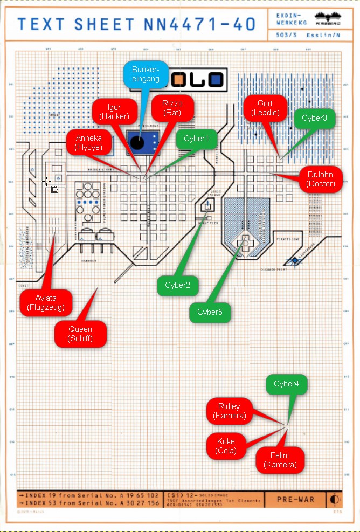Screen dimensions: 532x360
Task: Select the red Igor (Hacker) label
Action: pyautogui.click(x=114, y=112)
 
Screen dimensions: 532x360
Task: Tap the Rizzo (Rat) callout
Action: pyautogui.click(x=171, y=108)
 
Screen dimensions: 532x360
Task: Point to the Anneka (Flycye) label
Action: pyautogui.click(x=88, y=142)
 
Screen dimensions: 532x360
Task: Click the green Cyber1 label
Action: pyautogui.click(x=196, y=139)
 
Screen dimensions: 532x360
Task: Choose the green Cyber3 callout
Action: pyautogui.click(x=314, y=118)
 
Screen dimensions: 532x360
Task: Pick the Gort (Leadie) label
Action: pyautogui.click(x=265, y=108)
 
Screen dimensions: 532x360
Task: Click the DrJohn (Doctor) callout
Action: pyautogui.click(x=320, y=179)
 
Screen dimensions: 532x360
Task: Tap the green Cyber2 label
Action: pyautogui.click(x=177, y=285)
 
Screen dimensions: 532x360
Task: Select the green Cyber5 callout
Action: pyautogui.click(x=210, y=312)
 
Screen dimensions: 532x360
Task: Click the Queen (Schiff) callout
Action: pyautogui.click(x=80, y=334)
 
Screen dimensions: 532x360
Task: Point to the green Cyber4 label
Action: pyautogui.click(x=290, y=384)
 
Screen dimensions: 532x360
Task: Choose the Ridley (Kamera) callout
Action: pyautogui.click(x=229, y=411)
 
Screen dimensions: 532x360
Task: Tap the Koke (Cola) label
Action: pyautogui.click(x=226, y=446)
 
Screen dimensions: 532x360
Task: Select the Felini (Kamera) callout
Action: pyautogui.click(x=279, y=460)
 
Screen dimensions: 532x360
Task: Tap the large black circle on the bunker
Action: pyautogui.click(x=137, y=143)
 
